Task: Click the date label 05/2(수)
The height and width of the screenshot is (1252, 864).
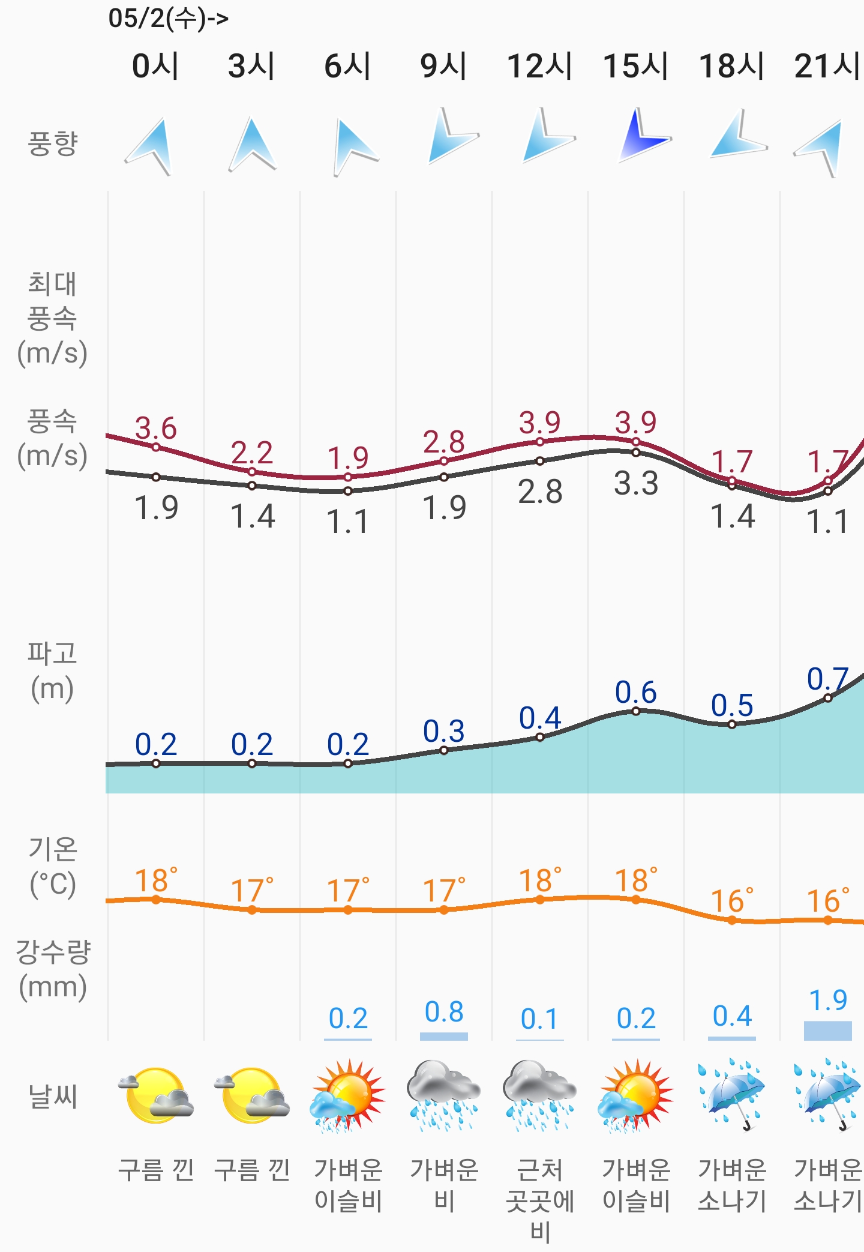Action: (x=168, y=18)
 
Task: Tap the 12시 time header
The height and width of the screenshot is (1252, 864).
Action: (x=539, y=66)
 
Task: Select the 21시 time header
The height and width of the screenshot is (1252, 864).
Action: (x=827, y=66)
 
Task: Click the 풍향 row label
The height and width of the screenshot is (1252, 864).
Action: (x=53, y=144)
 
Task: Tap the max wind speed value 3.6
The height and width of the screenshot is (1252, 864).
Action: (x=156, y=429)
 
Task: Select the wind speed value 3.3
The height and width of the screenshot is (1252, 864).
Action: (x=636, y=484)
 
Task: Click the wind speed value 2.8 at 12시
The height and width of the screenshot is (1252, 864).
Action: (x=540, y=492)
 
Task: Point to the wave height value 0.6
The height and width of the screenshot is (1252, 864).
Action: (x=636, y=693)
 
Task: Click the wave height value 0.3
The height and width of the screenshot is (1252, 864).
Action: (x=444, y=732)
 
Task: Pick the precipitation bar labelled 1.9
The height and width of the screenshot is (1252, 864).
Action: (x=828, y=1030)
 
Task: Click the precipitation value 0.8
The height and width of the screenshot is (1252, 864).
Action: (x=444, y=1013)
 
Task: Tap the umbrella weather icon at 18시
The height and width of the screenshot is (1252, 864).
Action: (x=732, y=1094)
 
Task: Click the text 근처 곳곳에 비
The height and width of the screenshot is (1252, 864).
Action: (x=540, y=1200)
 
